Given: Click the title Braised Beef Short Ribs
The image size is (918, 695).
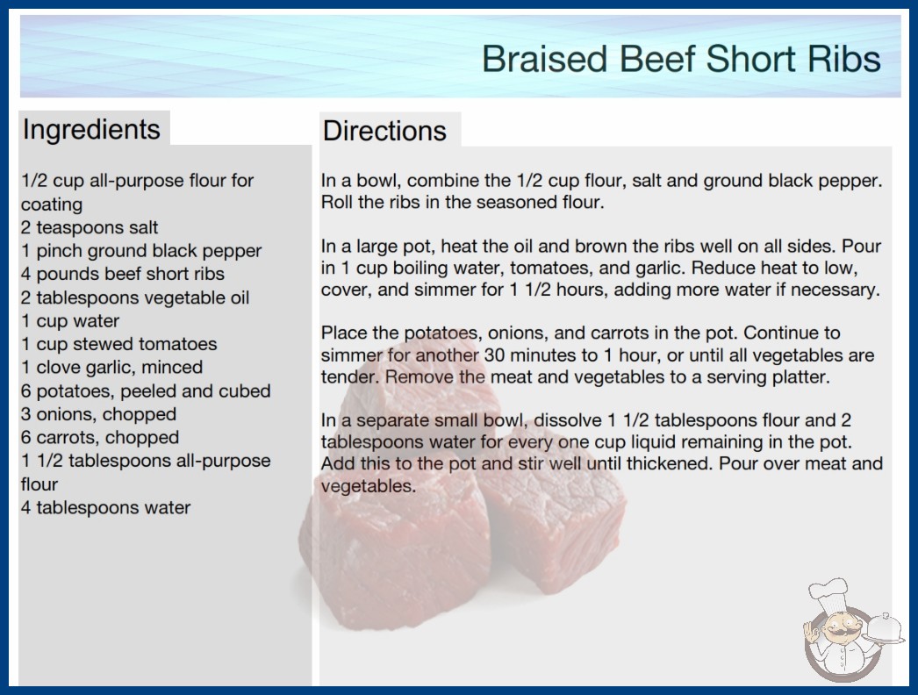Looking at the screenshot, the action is [681, 59].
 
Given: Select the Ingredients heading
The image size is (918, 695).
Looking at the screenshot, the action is [91, 130].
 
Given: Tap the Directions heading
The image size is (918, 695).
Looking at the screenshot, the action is [384, 131].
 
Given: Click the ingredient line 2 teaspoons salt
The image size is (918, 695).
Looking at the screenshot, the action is [90, 227].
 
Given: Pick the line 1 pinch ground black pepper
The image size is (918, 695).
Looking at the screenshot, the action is [141, 251].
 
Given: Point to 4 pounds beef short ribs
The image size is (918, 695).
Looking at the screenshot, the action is [123, 274].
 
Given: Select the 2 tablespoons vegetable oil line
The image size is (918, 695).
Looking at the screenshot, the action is [135, 297].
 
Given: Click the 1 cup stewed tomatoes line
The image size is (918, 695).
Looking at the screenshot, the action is [118, 344].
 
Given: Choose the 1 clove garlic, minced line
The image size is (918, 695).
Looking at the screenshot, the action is [111, 368].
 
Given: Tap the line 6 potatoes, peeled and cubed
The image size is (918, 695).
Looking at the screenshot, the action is [146, 391].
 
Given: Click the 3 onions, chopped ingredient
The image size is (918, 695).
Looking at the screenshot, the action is [99, 414].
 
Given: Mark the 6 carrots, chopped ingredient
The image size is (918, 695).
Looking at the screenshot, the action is [100, 437].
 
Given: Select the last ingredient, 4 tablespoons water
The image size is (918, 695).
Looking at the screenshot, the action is [106, 507].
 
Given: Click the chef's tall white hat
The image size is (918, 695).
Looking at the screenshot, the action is [828, 593].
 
